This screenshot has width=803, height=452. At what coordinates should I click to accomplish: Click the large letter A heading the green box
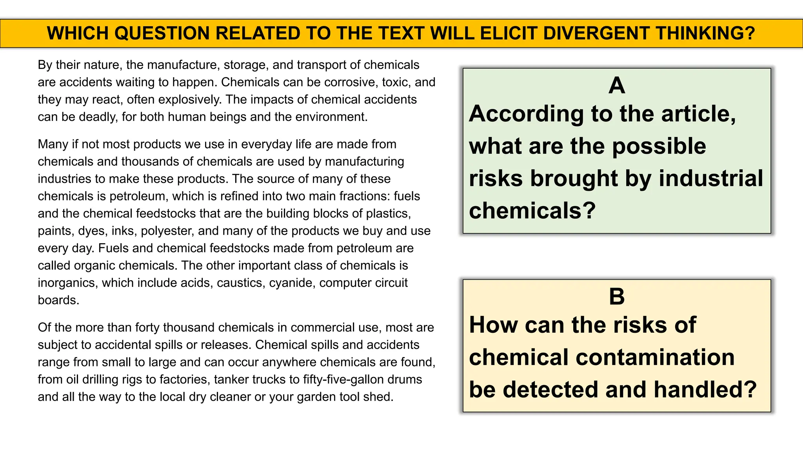(x=617, y=86)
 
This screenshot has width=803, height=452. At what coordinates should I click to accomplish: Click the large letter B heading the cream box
(x=617, y=297)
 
